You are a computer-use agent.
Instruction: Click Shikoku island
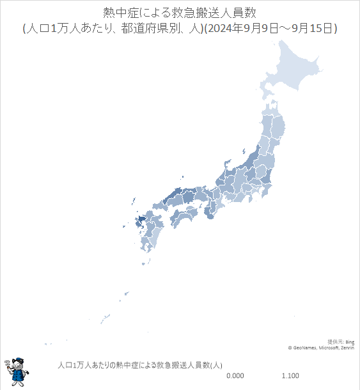coord(182,219)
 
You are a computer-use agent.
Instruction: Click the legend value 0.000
coord(235,375)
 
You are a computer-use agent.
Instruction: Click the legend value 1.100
coord(290,375)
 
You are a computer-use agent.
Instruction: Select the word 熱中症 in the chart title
coord(120,13)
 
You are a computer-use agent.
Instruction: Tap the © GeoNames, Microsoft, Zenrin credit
coord(321,348)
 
